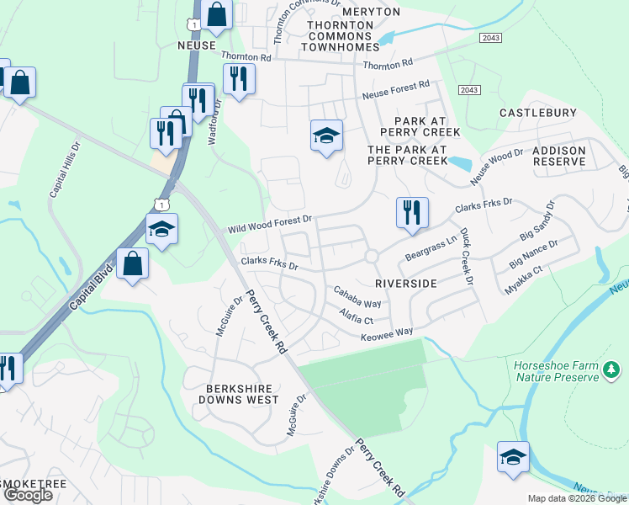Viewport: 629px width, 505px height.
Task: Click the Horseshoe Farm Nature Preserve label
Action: click(x=557, y=370)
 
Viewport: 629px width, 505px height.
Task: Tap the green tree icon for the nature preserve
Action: click(x=612, y=369)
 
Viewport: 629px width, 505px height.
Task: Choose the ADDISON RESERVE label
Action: click(x=558, y=155)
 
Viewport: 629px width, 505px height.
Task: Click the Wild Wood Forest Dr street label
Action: click(x=269, y=225)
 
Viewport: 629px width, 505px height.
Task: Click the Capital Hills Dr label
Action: click(x=64, y=168)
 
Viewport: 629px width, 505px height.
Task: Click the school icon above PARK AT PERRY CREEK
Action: click(x=326, y=135)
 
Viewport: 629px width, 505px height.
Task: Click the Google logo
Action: click(x=28, y=495)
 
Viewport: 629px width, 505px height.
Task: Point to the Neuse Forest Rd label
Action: click(x=395, y=91)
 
